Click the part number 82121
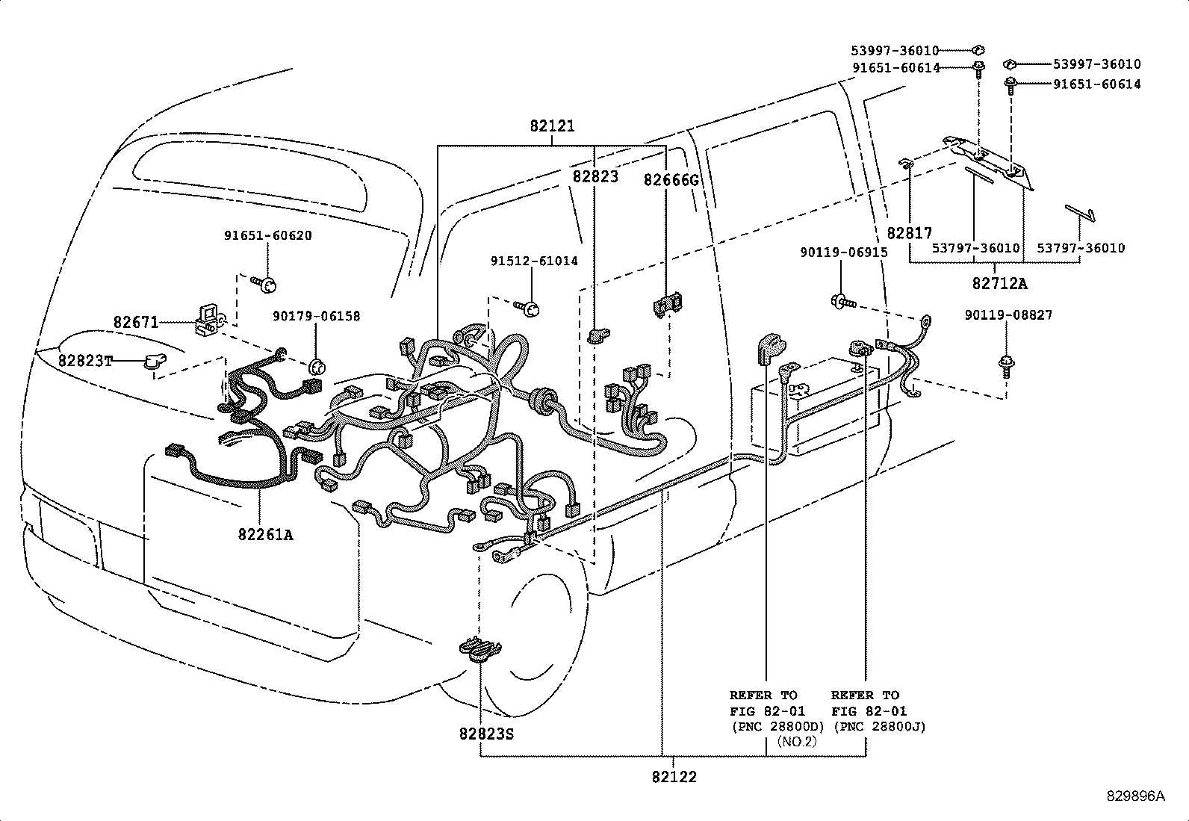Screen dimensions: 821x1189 pos(552,126)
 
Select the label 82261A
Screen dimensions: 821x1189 pos(266,535)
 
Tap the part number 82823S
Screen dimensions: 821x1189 pos(487,734)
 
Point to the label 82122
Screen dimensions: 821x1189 pos(674,777)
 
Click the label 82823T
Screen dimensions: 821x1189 pos(85,362)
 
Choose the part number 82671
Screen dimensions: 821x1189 pos(136,323)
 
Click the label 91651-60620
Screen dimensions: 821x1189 pos(268,235)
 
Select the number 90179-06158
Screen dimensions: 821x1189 pos(317,317)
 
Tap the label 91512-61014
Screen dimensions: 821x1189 pos(534,261)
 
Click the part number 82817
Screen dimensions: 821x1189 pos(910,234)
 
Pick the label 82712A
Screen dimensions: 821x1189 pos(1000,284)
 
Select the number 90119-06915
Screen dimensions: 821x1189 pos(844,253)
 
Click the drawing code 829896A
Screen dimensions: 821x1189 pos(1136,796)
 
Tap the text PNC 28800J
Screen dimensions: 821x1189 pos(879,726)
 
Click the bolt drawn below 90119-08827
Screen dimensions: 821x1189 pos(1006,365)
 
